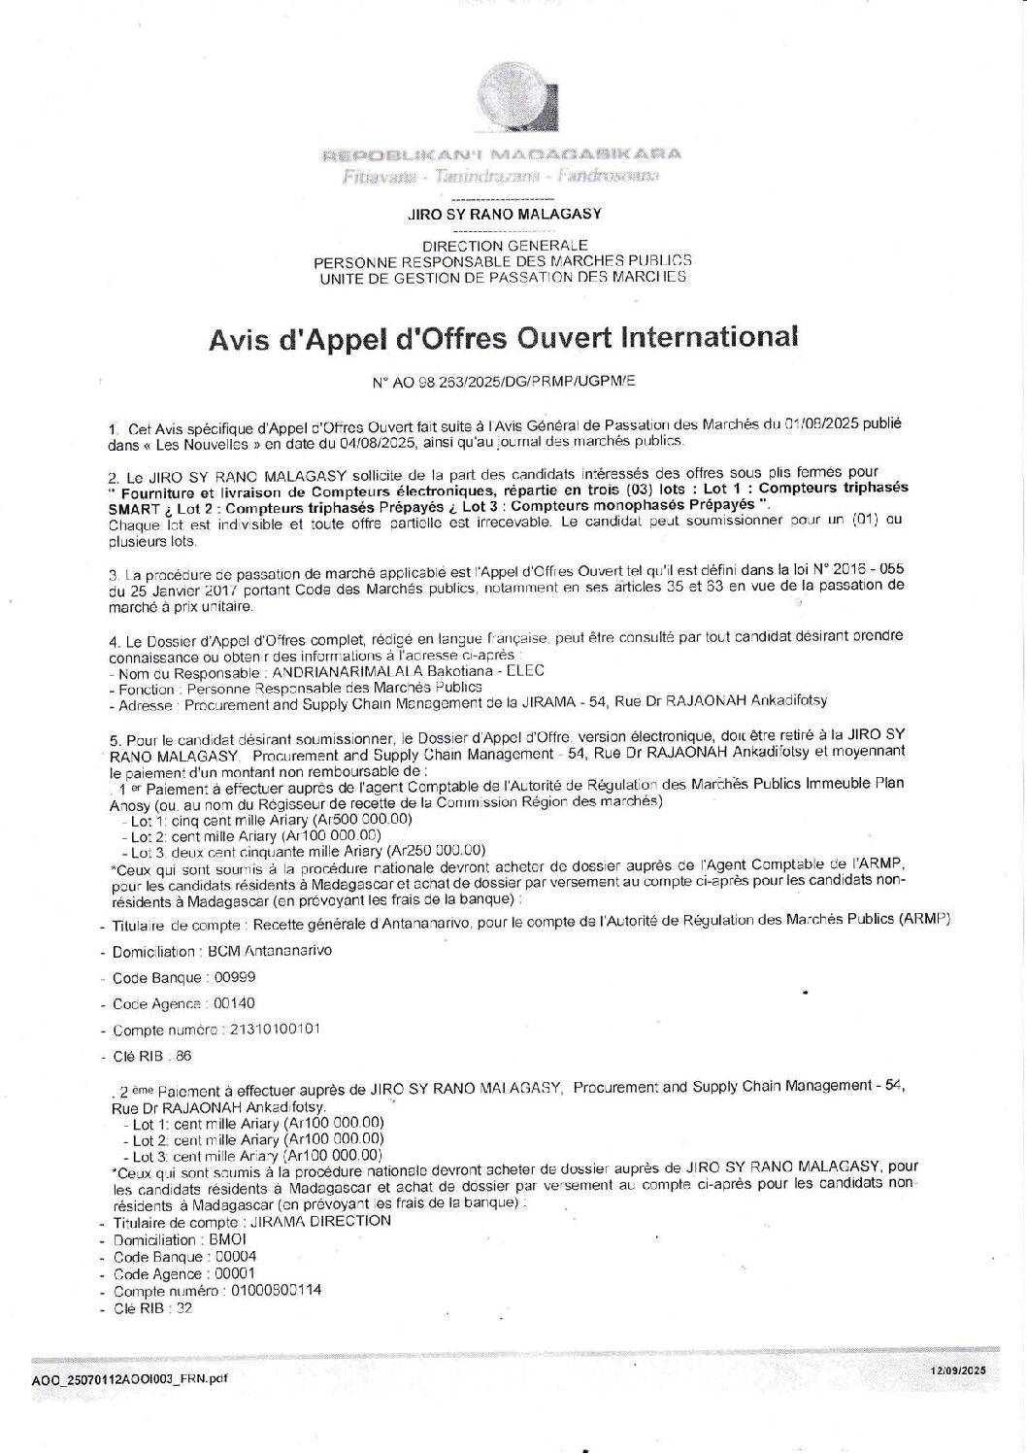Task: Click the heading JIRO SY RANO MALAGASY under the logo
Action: point(504,214)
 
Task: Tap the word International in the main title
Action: point(709,337)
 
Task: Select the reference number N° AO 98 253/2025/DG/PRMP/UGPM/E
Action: point(504,383)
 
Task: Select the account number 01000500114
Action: point(276,1291)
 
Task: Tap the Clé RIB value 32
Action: point(183,1308)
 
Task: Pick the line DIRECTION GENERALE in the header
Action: point(504,246)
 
